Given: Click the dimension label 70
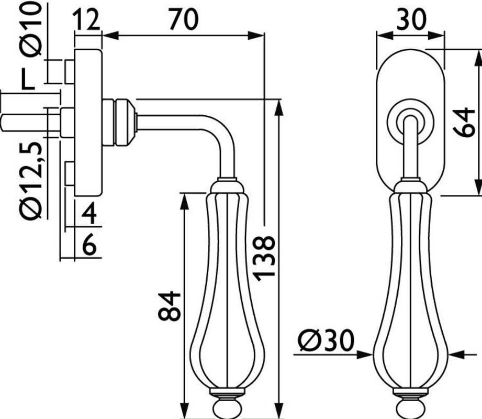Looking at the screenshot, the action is tap(184, 19).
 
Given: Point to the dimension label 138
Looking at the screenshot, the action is tap(263, 258).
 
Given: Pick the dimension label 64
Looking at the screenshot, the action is tap(464, 122).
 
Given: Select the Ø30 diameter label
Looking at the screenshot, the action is tap(327, 340).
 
